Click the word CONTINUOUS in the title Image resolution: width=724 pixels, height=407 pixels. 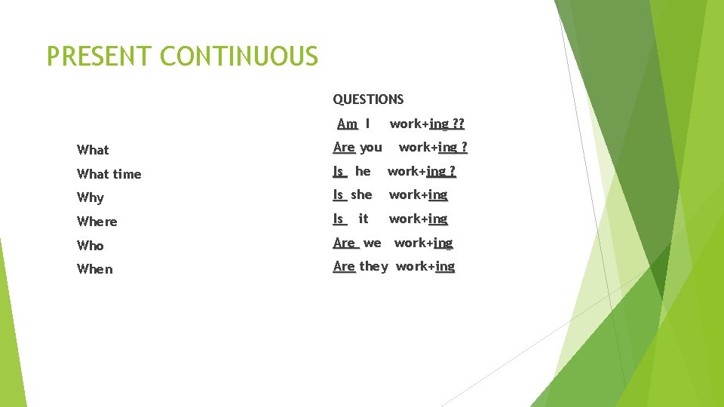[239, 56]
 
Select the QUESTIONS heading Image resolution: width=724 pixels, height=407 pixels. [368, 99]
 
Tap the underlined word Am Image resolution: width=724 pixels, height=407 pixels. [347, 124]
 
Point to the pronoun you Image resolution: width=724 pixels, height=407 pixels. [370, 148]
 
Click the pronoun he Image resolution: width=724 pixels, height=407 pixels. [363, 171]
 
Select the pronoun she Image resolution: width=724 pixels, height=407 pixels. [361, 194]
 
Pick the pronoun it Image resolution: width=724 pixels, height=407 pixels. [364, 219]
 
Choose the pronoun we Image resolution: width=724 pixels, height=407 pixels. [372, 243]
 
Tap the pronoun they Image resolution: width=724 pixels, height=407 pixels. [373, 266]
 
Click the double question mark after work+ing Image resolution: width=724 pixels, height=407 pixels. [458, 124]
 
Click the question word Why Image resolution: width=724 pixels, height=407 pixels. [90, 197]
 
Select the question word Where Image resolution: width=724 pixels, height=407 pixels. [97, 222]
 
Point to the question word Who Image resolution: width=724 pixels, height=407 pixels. [90, 246]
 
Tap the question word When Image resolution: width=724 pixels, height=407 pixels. [95, 269]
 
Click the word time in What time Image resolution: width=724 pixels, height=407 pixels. [127, 174]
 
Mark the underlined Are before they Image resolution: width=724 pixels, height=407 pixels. [344, 266]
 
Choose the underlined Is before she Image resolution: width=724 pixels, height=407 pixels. [339, 194]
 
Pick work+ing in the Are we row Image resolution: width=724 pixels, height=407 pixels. [423, 243]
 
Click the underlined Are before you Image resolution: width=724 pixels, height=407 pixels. [344, 148]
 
